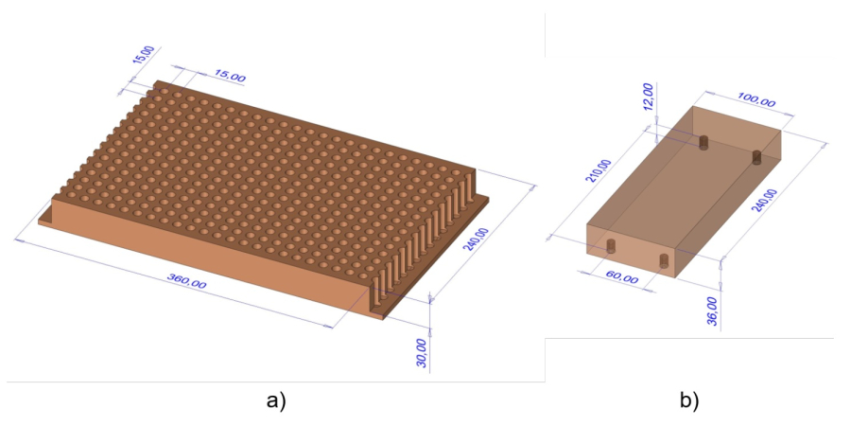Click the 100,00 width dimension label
coord(756,100)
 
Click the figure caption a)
coord(276,401)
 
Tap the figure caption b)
coord(689,401)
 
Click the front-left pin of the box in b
coord(611,246)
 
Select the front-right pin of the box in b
coord(664,260)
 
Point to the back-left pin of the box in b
coord(703,142)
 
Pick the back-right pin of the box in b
coord(757,157)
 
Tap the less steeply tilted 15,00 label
coord(230,76)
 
